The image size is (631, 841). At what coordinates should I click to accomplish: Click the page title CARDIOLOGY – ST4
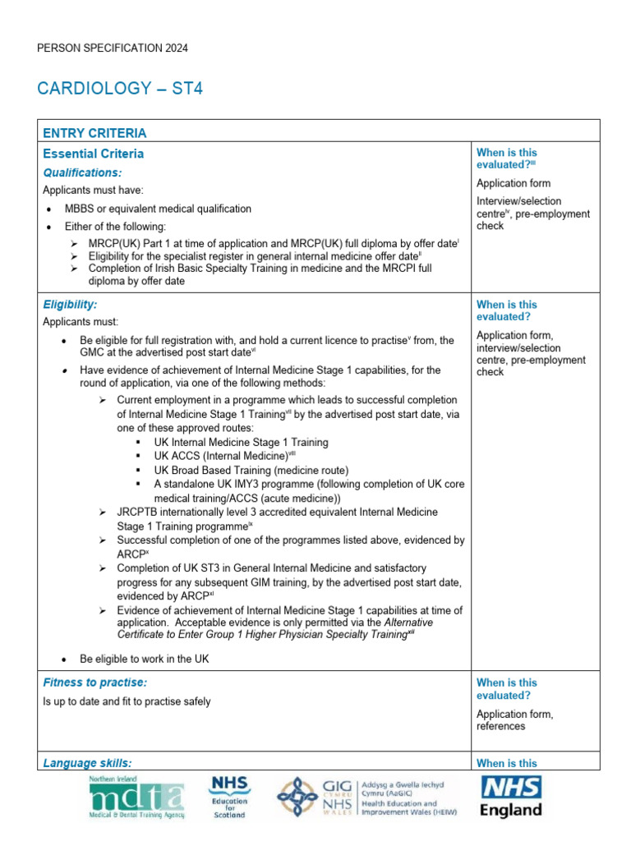pos(120,88)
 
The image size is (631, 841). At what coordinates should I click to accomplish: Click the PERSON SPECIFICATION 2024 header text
pos(113,48)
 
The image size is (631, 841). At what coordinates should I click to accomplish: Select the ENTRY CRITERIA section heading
pos(94,133)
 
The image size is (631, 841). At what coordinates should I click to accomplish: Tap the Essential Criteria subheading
pos(93,154)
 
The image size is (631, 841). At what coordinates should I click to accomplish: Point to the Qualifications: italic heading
pos(82,172)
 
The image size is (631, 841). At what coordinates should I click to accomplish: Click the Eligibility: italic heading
pos(70,304)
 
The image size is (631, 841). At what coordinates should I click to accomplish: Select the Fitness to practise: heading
pos(94,682)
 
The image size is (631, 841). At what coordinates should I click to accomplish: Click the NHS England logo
pos(510,797)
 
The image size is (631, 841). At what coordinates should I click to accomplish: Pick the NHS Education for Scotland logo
pos(229,797)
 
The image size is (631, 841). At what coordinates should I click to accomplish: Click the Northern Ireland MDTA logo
pos(137,797)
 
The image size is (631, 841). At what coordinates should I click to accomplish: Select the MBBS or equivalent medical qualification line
pos(158,209)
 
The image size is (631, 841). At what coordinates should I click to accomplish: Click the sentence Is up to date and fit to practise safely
pos(127,701)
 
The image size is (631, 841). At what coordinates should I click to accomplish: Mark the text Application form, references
pos(514,720)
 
